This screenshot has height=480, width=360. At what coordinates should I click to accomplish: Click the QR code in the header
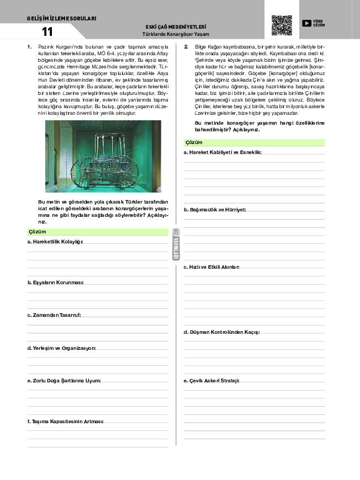tap(282, 25)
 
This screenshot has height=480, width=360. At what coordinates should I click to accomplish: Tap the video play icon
tap(307, 23)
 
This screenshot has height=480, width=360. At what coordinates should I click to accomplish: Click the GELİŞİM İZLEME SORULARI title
tap(61, 18)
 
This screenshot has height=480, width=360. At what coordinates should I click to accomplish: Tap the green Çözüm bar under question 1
tap(97, 232)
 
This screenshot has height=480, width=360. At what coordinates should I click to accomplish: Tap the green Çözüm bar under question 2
tap(254, 142)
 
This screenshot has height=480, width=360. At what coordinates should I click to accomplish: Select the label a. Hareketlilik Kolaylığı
tap(55, 242)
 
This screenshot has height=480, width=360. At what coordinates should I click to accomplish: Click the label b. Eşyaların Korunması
tap(55, 282)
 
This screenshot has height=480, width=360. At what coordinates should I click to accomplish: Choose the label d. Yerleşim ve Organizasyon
tap(61, 348)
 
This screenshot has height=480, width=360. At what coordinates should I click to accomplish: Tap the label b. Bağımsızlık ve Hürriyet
tap(214, 210)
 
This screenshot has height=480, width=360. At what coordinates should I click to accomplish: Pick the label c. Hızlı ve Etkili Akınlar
tap(211, 267)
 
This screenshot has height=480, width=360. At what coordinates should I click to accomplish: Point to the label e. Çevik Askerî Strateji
tap(211, 381)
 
